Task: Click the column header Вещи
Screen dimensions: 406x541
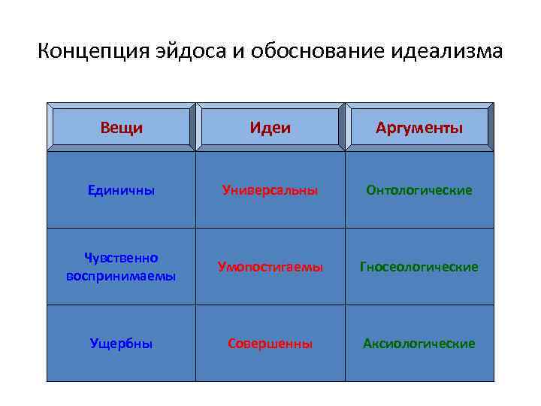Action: point(121,128)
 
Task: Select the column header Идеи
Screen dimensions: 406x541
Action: point(270,128)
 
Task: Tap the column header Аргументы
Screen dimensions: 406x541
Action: point(419,128)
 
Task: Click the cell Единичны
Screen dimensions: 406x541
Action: point(121,190)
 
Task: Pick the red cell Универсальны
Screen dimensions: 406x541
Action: point(270,190)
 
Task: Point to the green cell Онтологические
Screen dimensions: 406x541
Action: point(419,190)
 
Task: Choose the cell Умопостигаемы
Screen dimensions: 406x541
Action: point(270,267)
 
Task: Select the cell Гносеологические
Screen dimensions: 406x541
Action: point(419,267)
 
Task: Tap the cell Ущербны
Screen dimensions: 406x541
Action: point(121,344)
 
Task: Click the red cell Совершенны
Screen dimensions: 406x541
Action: point(270,344)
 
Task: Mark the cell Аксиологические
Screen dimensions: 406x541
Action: point(419,344)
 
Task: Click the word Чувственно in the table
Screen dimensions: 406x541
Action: point(121,258)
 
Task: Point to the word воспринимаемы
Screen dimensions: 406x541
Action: point(121,275)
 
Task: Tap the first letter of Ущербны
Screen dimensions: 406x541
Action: point(94,344)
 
